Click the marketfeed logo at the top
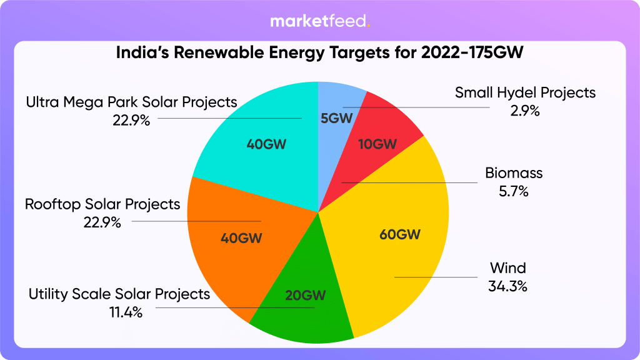point(320,22)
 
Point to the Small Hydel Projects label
point(525,93)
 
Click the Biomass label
point(514,173)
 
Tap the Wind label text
point(507,269)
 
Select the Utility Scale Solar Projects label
point(119,294)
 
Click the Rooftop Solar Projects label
point(102,204)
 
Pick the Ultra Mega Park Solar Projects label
point(132,101)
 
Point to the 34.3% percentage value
point(507,287)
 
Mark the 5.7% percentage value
point(514,192)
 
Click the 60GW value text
point(400,235)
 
